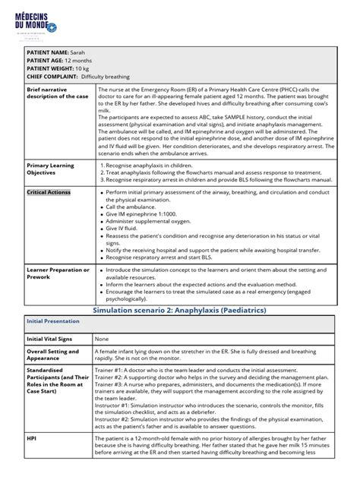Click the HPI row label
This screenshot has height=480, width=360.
[x=32, y=438]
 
